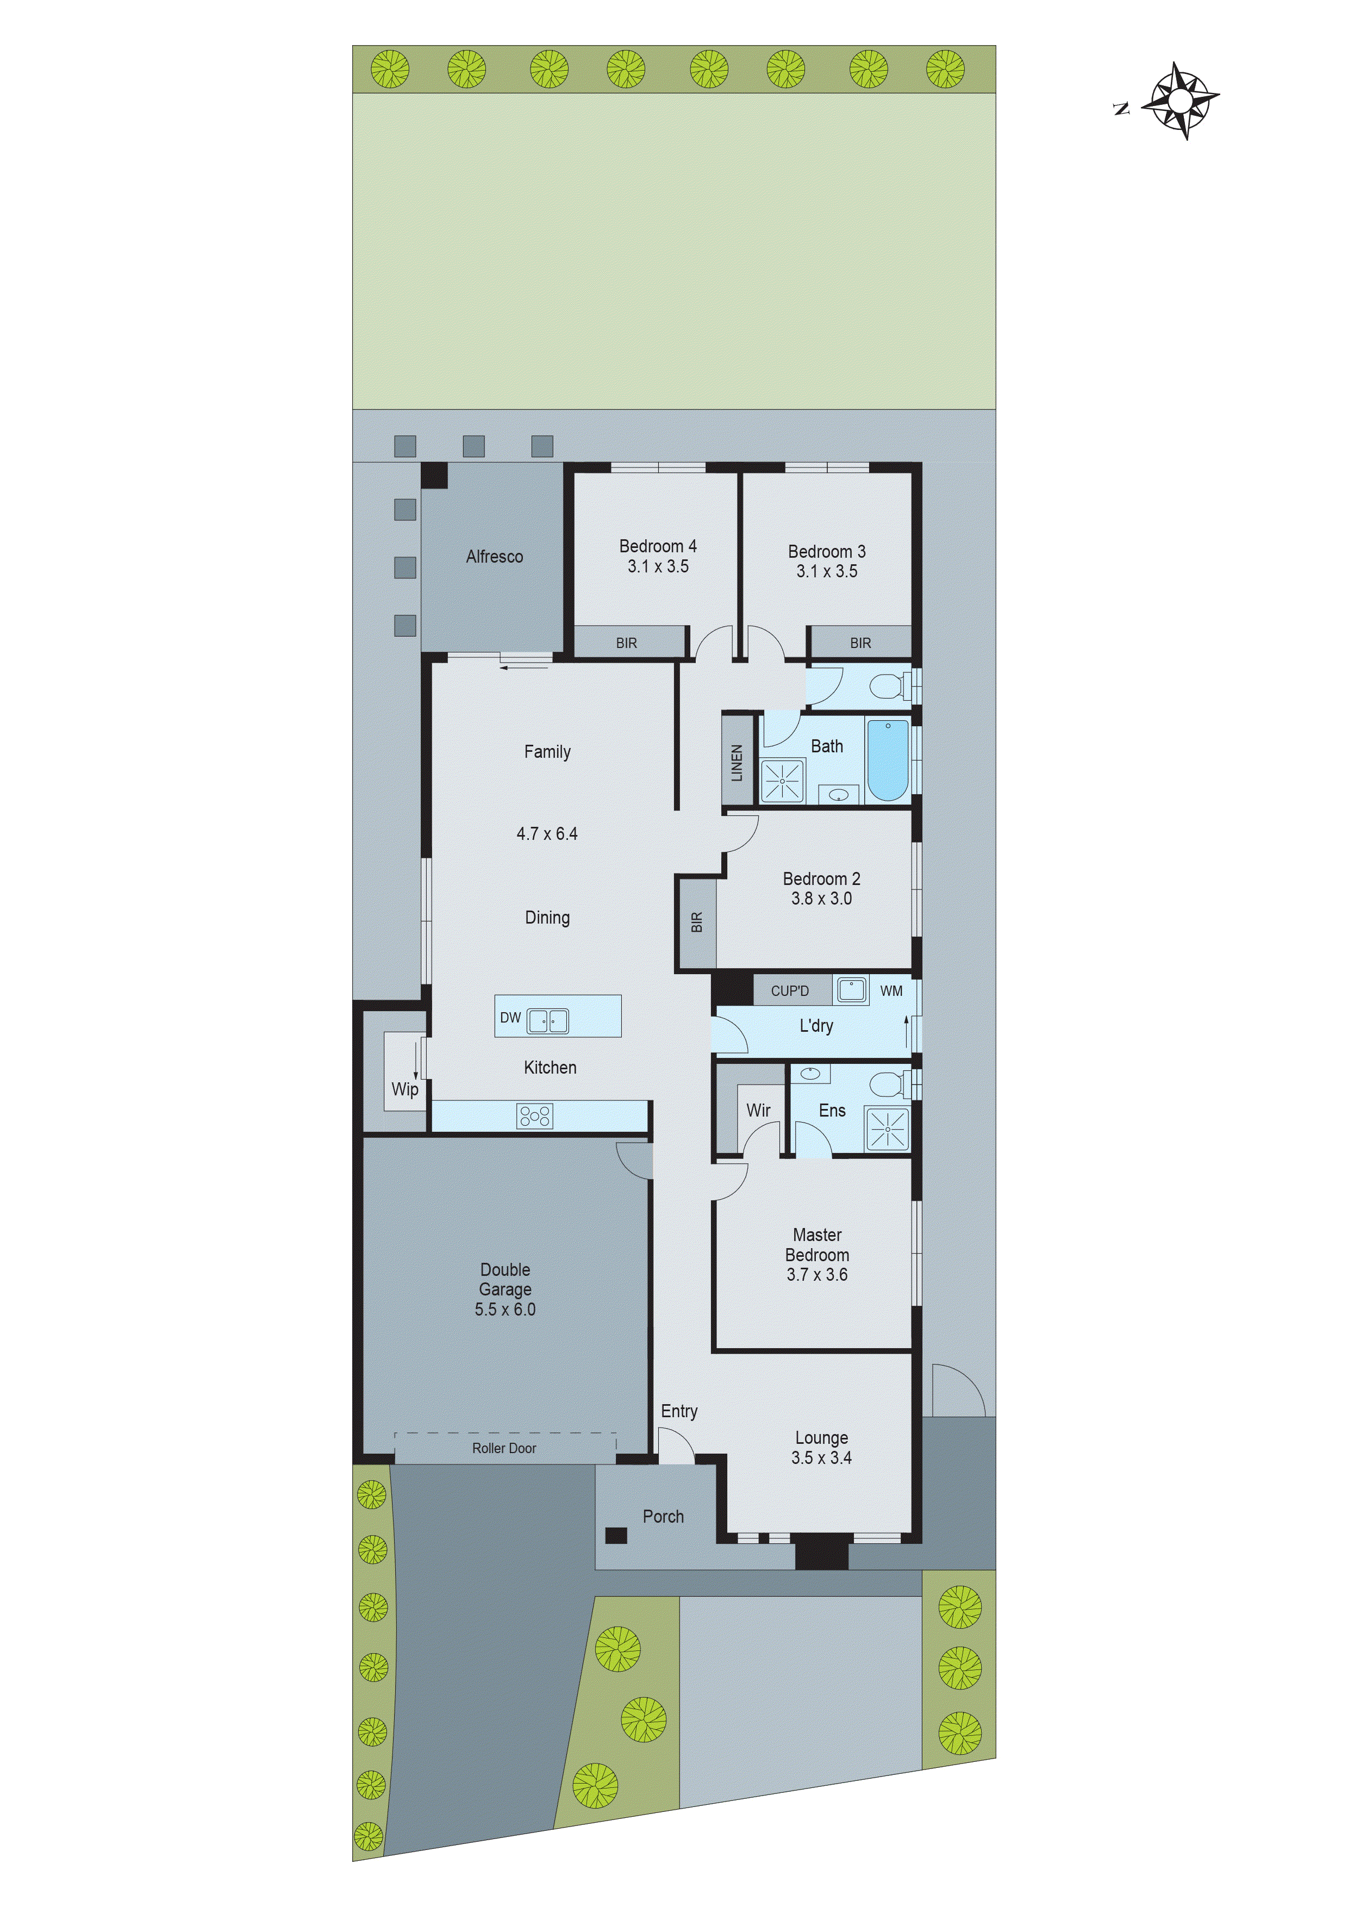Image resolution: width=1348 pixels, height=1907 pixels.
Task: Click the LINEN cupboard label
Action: coord(737,763)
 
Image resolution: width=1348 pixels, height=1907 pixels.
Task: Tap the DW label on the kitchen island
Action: coord(510,1018)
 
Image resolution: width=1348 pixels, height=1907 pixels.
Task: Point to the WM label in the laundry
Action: coord(891,991)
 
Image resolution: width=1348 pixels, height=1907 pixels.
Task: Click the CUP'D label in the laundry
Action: coord(789,991)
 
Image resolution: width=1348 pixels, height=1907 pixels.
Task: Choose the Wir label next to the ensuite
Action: coord(758,1111)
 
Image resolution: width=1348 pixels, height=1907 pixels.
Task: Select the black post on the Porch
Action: coord(615,1535)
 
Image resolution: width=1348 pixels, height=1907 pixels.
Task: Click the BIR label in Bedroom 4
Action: coord(626,643)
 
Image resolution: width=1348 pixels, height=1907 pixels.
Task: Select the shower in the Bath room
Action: coord(782,781)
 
